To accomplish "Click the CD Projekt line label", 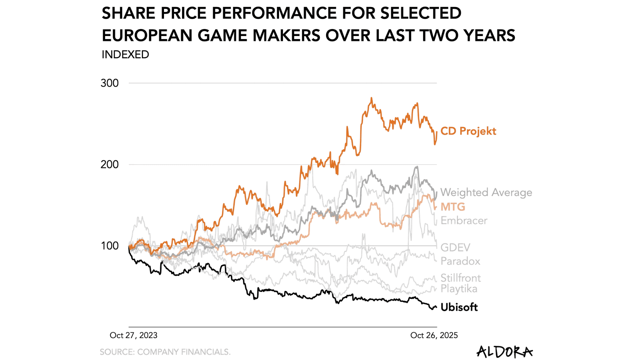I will [x=468, y=131].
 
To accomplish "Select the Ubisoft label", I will [x=459, y=307].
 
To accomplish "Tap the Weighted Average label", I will [x=486, y=192].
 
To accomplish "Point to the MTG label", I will [x=453, y=207].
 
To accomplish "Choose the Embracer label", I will [x=464, y=221].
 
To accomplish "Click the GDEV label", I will [x=455, y=247].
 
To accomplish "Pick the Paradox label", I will [x=460, y=261].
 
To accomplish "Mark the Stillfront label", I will [x=461, y=278].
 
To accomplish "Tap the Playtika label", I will [x=459, y=289].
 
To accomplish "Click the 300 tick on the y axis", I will [x=109, y=83].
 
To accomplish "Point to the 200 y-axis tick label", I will [x=109, y=164].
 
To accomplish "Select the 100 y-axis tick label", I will [x=109, y=246].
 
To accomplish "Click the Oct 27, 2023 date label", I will [x=133, y=335].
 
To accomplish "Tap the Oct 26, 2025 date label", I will [x=434, y=335].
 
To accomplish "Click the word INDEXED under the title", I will [x=125, y=55].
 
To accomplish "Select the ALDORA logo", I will [x=504, y=352].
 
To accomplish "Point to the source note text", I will [x=165, y=352].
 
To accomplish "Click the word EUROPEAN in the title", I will [x=147, y=36].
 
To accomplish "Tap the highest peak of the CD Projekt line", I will [x=371, y=98].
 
